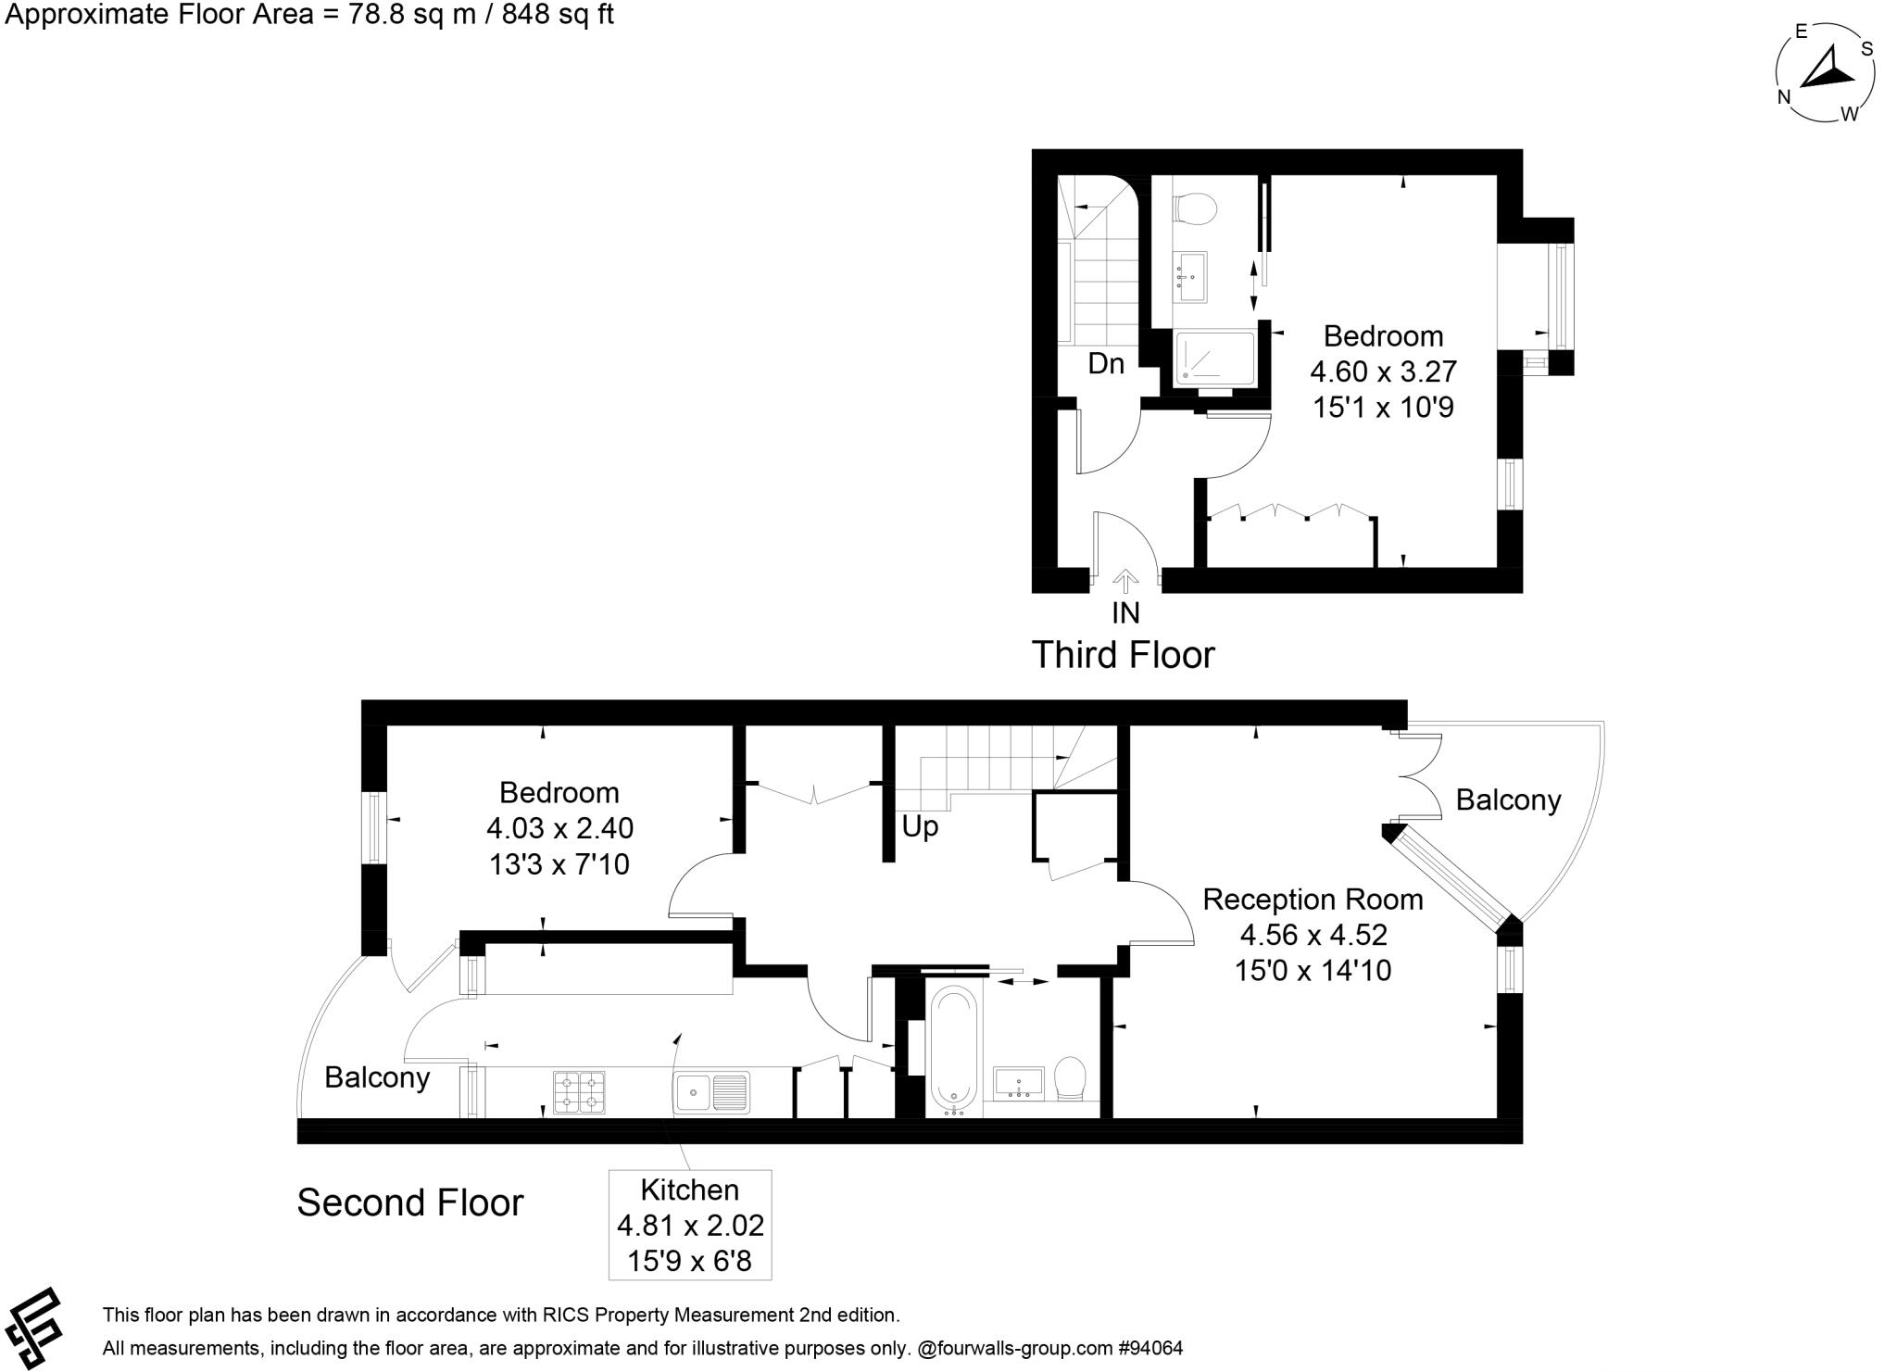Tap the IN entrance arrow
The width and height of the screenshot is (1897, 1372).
click(1125, 582)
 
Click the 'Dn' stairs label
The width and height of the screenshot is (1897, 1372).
click(1106, 364)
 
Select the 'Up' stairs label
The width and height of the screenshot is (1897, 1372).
click(920, 826)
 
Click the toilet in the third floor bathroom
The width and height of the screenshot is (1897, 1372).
click(1194, 208)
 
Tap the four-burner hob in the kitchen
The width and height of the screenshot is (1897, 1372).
click(579, 1091)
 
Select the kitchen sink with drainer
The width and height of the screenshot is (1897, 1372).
click(712, 1091)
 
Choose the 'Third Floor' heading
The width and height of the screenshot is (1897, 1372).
click(1123, 655)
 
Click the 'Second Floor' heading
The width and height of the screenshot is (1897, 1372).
click(409, 1202)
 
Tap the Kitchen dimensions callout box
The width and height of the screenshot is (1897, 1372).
click(690, 1225)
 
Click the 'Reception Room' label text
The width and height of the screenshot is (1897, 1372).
click(1313, 899)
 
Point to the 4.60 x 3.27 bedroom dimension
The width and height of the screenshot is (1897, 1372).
click(1383, 371)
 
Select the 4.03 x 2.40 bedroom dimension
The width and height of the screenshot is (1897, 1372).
click(559, 828)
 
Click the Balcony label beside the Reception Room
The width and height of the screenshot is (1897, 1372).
click(1508, 799)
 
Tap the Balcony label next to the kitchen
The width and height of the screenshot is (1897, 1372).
click(377, 1077)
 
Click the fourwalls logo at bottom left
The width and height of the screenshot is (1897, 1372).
click(33, 1327)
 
